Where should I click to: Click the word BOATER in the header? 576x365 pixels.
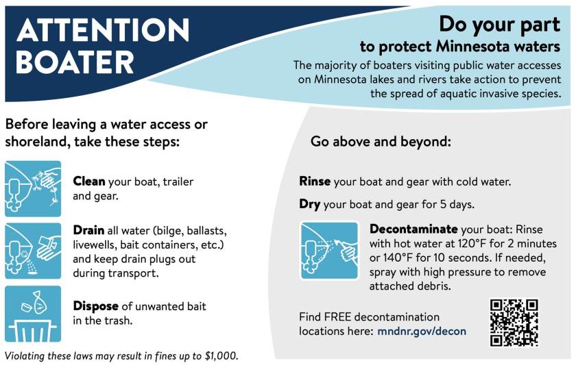coord(75,63)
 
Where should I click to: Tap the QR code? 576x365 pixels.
coord(514,322)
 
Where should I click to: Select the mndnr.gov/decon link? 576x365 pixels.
coord(422,331)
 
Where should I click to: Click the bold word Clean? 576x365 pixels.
coord(89,181)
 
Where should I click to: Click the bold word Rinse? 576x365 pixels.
coord(315,182)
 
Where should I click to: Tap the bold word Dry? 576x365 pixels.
coord(310,204)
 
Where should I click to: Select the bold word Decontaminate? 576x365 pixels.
coord(413,229)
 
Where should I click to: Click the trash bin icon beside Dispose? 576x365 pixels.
coord(33,314)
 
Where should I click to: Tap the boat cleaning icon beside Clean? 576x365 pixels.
coord(33,188)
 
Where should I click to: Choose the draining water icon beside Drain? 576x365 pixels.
coord(33,251)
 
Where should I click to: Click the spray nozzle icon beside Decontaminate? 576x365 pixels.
coord(329,251)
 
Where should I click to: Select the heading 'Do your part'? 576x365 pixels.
coord(500,25)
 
